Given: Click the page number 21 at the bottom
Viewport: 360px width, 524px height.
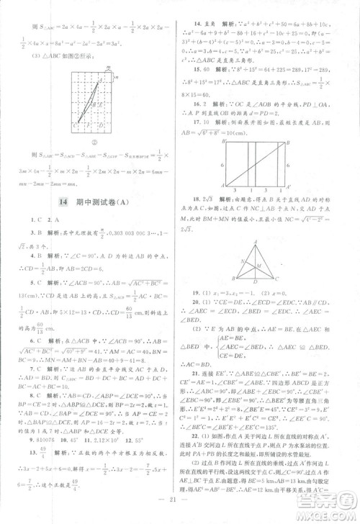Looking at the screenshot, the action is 179,500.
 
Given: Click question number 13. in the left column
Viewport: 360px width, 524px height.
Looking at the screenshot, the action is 34,450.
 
